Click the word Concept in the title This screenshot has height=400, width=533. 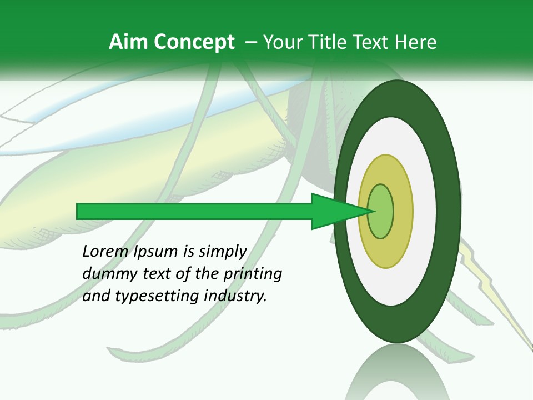point(194,42)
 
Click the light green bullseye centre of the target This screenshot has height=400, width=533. point(381,211)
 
